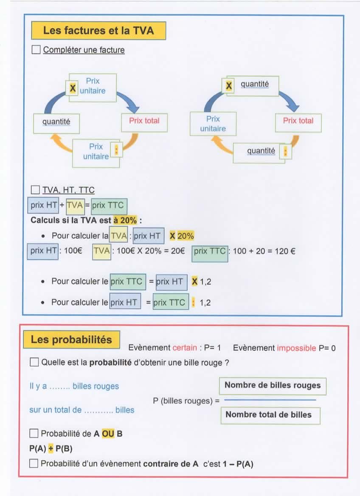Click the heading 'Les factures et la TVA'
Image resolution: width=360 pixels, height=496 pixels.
coord(98,31)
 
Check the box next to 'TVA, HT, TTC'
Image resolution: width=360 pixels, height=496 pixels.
coord(36,189)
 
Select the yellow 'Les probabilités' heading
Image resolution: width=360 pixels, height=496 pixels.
coord(71,340)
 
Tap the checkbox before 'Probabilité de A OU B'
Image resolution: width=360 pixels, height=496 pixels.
coord(34,434)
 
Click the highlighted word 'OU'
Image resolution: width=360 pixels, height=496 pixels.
coord(108,434)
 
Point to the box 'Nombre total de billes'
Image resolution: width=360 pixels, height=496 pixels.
coord(268,414)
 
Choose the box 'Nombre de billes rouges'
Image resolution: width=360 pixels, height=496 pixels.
coord(273,386)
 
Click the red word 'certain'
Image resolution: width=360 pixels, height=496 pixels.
coord(185,348)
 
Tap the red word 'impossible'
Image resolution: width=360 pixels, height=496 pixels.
coord(296,348)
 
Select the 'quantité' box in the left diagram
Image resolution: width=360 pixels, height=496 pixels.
coord(56,122)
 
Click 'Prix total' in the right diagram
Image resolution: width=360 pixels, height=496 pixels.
coord(298,121)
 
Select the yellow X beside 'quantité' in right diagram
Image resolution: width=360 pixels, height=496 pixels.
coord(229,86)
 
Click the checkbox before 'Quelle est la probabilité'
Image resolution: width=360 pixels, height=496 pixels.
coord(34,363)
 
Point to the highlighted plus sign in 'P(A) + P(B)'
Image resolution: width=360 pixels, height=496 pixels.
coord(51,449)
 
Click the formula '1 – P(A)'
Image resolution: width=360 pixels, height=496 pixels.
coord(238,464)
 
